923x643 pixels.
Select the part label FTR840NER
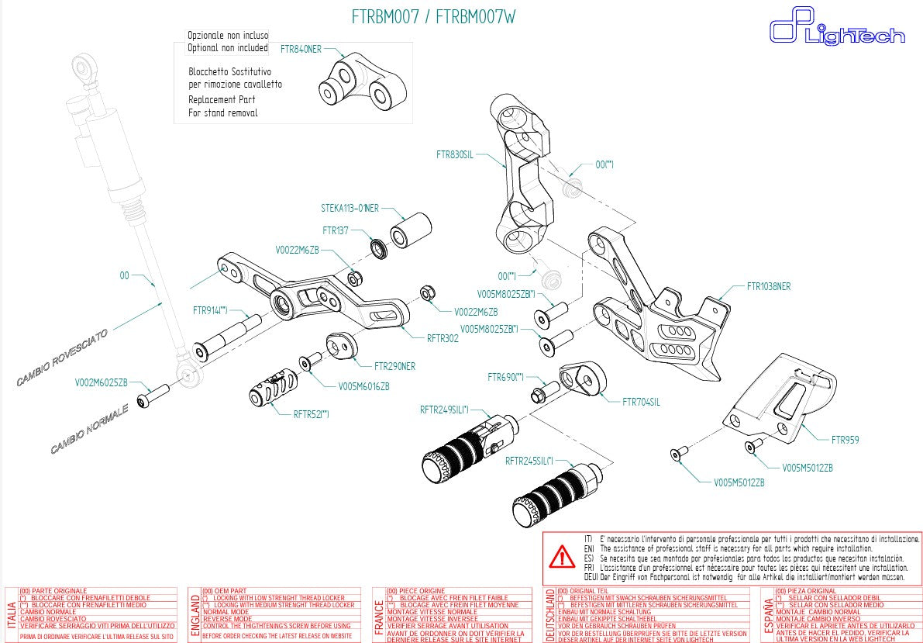tap(300, 49)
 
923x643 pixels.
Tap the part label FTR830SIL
tap(454, 155)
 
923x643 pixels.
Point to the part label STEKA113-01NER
tap(350, 208)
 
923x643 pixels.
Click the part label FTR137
tap(336, 230)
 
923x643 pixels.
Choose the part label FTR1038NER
tap(769, 285)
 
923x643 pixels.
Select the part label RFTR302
tap(443, 338)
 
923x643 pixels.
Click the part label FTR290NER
tap(394, 366)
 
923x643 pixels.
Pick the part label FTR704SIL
tap(641, 402)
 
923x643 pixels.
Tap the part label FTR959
tap(846, 439)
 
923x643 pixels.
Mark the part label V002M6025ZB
tap(101, 382)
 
